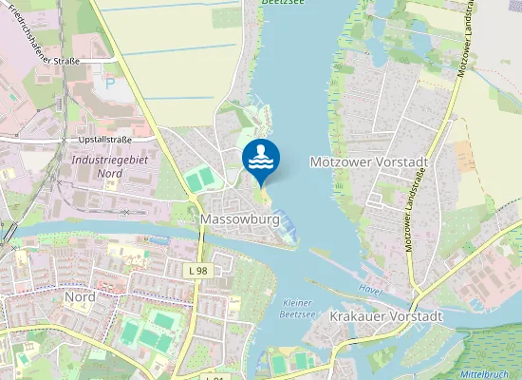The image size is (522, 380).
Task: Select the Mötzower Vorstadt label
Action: [369, 162]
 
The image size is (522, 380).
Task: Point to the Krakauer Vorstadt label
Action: [386, 315]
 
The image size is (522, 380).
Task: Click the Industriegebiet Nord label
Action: [110, 166]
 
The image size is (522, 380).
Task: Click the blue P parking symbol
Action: [110, 84]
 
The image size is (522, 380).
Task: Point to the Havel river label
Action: [370, 288]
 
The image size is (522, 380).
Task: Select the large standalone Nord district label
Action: [80, 296]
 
